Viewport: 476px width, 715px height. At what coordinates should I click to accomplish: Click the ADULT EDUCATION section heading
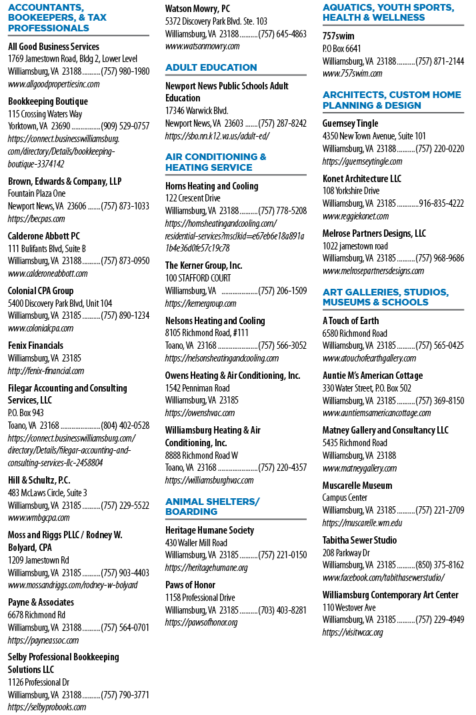[211, 67]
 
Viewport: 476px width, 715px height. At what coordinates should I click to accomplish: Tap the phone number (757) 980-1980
[125, 71]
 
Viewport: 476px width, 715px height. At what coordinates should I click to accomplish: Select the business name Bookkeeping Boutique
[48, 101]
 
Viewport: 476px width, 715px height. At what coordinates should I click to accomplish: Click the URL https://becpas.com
[36, 219]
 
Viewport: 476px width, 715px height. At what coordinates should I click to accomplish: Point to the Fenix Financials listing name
[35, 345]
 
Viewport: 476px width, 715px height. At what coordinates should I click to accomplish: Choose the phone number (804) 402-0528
[125, 426]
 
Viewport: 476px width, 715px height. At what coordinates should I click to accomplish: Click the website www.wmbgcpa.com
[39, 518]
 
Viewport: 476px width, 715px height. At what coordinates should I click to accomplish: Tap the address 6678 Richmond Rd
[37, 615]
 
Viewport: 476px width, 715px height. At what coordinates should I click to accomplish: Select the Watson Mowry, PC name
[197, 9]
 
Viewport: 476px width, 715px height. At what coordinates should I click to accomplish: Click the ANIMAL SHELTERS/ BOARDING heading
[212, 507]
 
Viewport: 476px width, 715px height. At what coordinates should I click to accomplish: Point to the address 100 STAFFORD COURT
[198, 278]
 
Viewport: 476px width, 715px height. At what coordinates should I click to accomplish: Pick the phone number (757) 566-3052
[282, 345]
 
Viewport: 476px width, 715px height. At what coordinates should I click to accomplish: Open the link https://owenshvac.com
[200, 413]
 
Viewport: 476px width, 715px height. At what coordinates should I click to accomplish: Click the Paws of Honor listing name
[190, 585]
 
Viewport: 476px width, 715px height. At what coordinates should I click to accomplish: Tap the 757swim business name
[338, 36]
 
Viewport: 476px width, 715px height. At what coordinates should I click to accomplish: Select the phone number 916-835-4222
[441, 203]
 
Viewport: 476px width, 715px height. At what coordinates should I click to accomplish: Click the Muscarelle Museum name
[357, 486]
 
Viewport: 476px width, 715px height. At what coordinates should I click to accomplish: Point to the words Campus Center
[345, 498]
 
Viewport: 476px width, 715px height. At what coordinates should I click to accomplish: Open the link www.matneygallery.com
[359, 468]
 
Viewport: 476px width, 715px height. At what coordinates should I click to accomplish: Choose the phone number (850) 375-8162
[439, 565]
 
